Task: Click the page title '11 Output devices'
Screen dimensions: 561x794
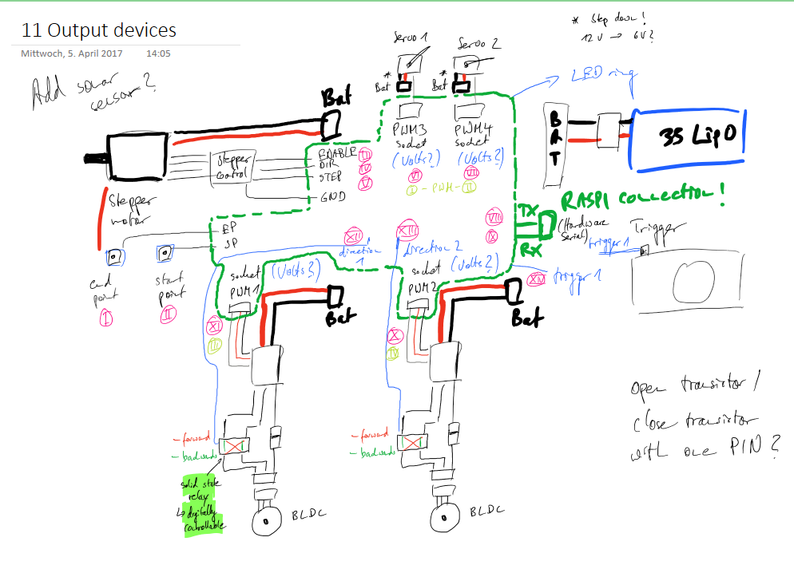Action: tap(99, 31)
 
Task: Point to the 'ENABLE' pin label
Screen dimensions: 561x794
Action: tap(336, 153)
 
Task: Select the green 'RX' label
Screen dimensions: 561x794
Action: tap(528, 249)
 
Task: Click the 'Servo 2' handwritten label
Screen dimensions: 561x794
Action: tap(477, 43)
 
